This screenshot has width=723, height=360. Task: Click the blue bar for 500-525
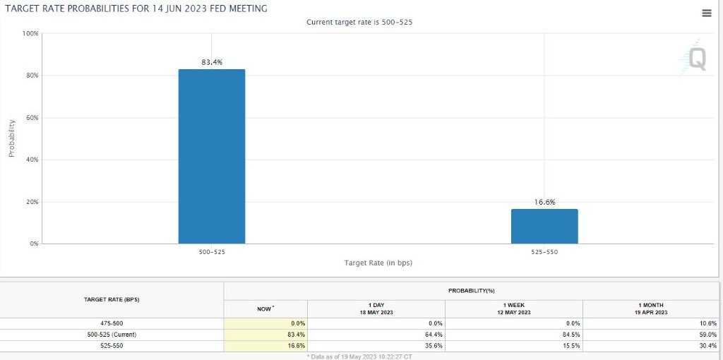(212, 156)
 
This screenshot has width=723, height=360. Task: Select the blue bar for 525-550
(544, 226)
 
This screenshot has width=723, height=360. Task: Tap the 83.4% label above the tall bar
(212, 62)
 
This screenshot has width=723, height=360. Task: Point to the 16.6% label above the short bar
(544, 202)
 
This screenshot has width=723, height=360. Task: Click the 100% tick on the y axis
(30, 33)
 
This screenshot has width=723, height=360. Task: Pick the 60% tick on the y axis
(32, 117)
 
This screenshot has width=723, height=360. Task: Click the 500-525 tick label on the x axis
(212, 251)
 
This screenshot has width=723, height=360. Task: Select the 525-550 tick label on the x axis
(544, 251)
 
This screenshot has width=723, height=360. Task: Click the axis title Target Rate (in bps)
(378, 263)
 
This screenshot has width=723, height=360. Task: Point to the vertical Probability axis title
(12, 138)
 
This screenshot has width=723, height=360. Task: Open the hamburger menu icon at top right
(707, 13)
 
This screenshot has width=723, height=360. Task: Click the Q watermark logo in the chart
(695, 59)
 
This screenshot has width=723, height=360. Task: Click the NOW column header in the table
(265, 308)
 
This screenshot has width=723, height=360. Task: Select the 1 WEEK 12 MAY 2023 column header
(514, 308)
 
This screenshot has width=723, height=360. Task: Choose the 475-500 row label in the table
(112, 323)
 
